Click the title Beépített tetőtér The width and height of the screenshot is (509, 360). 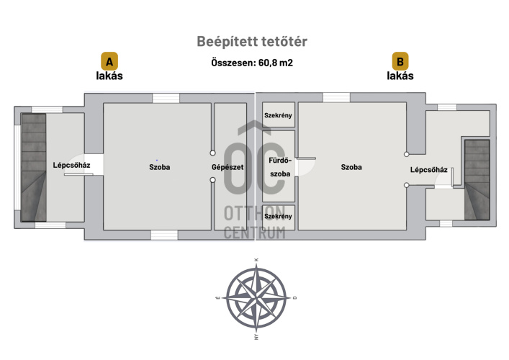click(x=257, y=42)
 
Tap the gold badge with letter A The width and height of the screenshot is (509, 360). click(x=109, y=60)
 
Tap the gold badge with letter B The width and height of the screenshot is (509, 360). click(x=400, y=60)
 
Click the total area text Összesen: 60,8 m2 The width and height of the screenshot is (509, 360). click(x=251, y=63)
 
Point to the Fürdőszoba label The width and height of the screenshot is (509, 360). click(x=278, y=168)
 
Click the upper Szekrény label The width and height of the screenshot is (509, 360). click(x=278, y=115)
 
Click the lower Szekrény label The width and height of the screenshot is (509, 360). click(x=278, y=216)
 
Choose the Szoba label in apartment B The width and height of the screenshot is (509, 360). click(x=351, y=167)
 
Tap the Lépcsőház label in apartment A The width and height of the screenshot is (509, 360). click(x=71, y=165)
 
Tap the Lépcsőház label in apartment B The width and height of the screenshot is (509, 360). click(x=429, y=170)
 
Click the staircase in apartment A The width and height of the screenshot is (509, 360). click(x=33, y=167)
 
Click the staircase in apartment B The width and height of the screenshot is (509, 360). click(x=477, y=179)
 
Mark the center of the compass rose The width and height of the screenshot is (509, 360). click(x=256, y=296)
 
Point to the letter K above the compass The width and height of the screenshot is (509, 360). click(x=256, y=260)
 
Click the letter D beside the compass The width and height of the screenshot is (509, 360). click(x=294, y=297)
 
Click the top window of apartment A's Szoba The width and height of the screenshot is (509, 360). click(x=166, y=98)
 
